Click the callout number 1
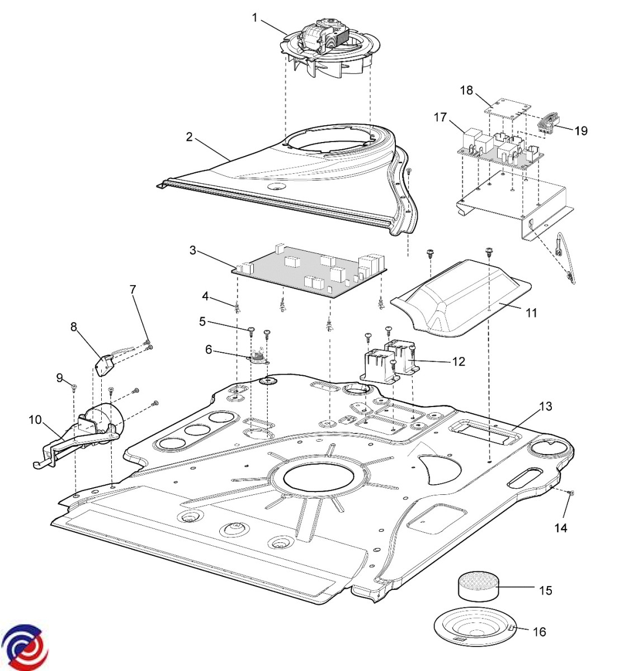pos(255,18)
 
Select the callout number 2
pos(190,136)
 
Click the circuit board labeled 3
pos(311,268)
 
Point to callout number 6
pos(209,349)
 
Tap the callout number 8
pos(74,327)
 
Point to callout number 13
pos(546,406)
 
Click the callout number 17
pos(440,117)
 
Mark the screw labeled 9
pos(73,386)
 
